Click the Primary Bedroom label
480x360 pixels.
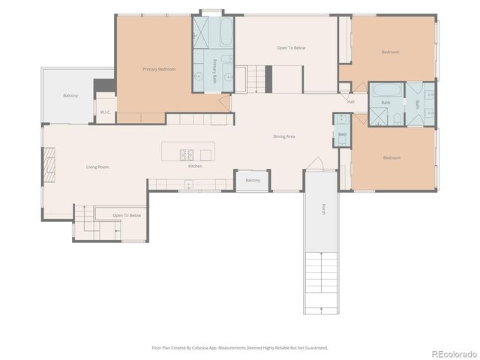(159, 69)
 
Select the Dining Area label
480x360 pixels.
(283, 136)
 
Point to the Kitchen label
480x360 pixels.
(195, 166)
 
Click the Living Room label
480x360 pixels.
(97, 166)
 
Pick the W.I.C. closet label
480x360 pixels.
(105, 112)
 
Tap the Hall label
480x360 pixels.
(350, 102)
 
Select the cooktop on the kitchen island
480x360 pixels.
(187, 154)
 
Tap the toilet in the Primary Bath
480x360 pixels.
(226, 58)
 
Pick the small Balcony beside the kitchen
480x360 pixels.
(253, 180)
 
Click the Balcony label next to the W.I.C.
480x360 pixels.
(70, 95)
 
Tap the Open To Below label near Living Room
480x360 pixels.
(127, 215)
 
